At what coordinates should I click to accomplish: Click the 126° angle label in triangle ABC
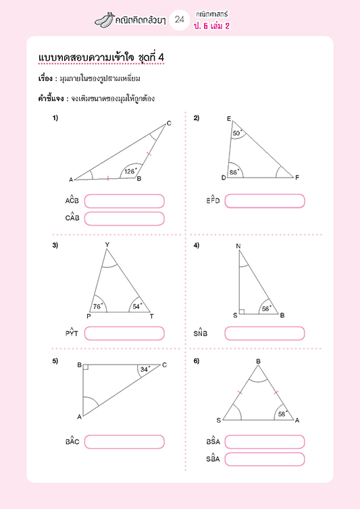[130, 171]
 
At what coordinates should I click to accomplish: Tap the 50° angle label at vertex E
[237, 133]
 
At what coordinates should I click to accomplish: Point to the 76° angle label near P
[98, 306]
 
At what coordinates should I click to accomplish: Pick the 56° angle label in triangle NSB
[266, 309]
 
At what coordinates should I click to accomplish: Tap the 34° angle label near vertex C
[145, 369]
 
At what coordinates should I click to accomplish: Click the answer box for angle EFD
[265, 200]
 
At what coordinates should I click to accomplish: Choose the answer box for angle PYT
[124, 333]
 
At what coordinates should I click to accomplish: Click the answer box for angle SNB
[265, 333]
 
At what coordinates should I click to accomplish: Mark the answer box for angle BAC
[124, 441]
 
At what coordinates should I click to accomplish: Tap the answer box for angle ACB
[124, 200]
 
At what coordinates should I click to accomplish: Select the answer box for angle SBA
[265, 459]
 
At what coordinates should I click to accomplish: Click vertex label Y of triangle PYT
[107, 244]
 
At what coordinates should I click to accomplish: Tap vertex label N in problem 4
[238, 246]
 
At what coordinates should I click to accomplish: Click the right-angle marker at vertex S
[242, 312]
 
